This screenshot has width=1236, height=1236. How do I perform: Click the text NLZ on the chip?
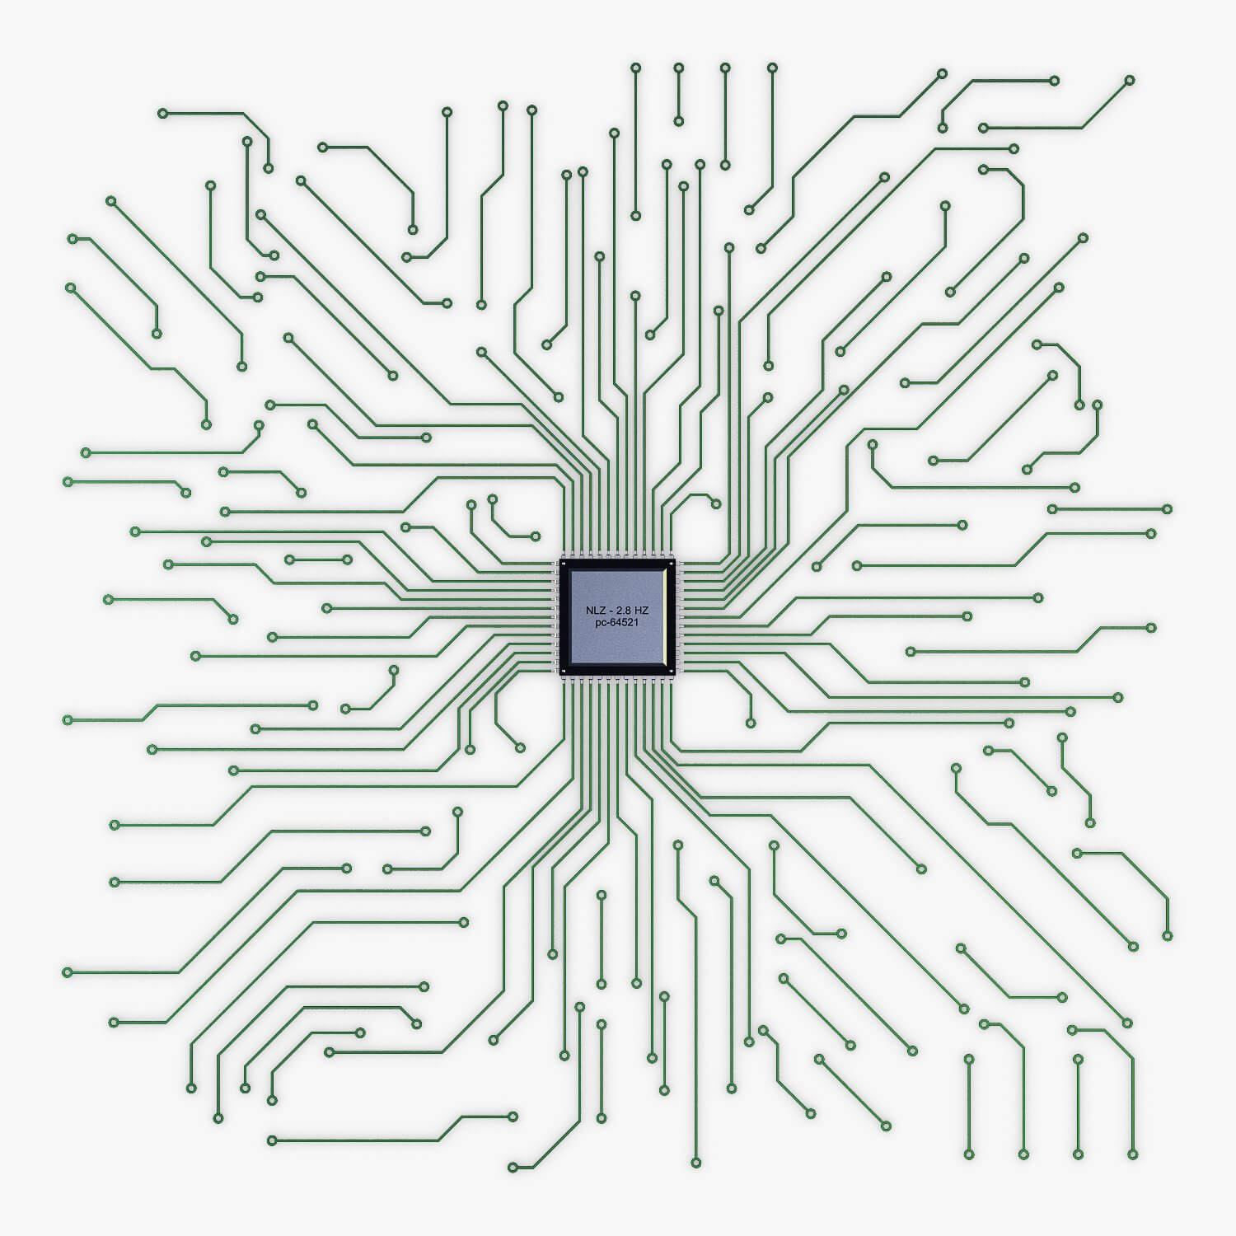pos(596,611)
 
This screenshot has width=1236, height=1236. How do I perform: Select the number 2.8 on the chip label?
pos(623,611)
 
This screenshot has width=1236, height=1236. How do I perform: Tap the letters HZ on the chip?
pos(642,611)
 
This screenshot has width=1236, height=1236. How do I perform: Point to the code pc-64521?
pos(617,623)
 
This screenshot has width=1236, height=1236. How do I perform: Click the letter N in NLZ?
pos(589,611)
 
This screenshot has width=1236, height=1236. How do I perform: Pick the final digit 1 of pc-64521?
pos(636,623)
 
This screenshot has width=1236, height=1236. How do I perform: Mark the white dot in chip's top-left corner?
pos(564,564)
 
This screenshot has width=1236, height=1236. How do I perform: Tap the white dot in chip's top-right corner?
pos(672,564)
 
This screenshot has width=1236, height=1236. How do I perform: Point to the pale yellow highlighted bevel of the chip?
pos(665,618)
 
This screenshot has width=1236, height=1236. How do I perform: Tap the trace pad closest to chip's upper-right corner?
pos(715,503)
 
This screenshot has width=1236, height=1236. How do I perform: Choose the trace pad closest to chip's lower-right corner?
pos(750,723)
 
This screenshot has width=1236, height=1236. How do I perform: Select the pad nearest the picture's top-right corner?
pos(1130,80)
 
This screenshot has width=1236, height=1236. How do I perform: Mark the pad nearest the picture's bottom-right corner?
pos(1133,1154)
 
